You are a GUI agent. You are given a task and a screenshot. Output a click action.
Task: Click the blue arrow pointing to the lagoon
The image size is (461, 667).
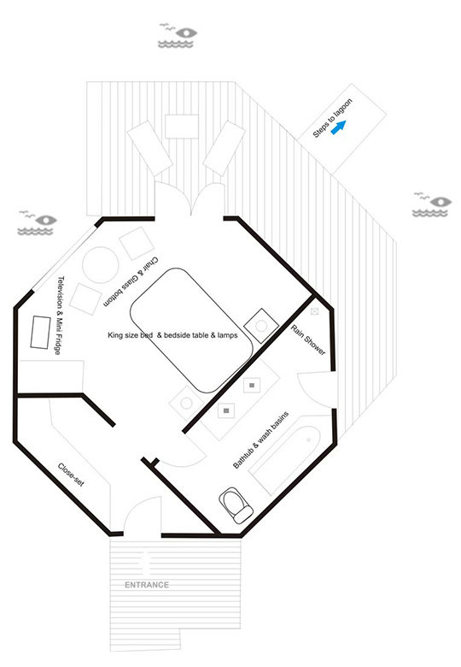pyautogui.click(x=339, y=127)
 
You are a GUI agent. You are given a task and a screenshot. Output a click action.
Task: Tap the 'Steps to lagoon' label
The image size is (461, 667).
pyautogui.click(x=332, y=118)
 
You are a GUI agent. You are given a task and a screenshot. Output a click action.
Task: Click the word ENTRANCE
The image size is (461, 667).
pyautogui.click(x=147, y=585)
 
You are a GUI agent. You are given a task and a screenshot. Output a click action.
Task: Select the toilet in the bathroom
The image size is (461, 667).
pyautogui.click(x=236, y=505)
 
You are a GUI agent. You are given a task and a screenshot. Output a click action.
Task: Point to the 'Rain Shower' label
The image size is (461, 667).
pyautogui.click(x=308, y=339)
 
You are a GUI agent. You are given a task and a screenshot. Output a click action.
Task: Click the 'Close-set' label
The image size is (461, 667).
pyautogui.click(x=71, y=475)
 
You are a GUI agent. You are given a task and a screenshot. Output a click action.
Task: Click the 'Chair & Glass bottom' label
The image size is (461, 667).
pyautogui.click(x=132, y=281)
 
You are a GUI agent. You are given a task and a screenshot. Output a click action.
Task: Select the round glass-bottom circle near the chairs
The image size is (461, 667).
pyautogui.click(x=100, y=265)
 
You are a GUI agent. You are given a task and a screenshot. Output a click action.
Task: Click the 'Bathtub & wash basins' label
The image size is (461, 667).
pyautogui.click(x=261, y=440)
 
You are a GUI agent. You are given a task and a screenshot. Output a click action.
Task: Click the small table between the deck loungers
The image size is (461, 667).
pyautogui.click(x=182, y=127)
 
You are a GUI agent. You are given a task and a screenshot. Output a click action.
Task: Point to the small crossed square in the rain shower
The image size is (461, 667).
pyautogui.click(x=314, y=311)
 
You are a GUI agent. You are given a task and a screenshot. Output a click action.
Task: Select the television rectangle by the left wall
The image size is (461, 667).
pyautogui.click(x=40, y=332)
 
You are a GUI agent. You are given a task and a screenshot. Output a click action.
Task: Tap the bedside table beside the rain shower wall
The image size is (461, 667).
pyautogui.click(x=261, y=326)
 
